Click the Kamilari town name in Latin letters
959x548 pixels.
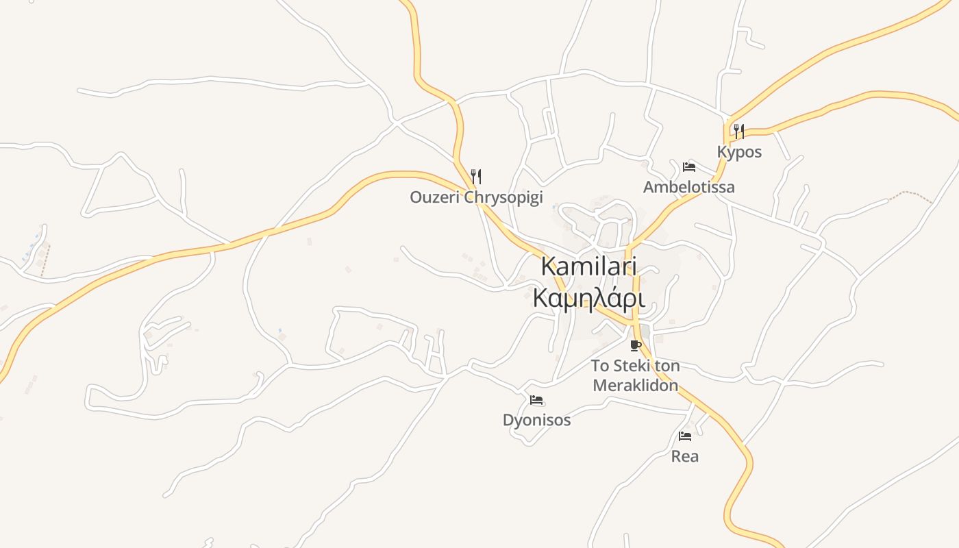click(589, 266)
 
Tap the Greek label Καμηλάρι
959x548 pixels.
click(589, 298)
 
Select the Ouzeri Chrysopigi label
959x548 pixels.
click(476, 197)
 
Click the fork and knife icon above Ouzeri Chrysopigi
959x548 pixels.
click(476, 177)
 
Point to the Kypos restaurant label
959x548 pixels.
click(739, 151)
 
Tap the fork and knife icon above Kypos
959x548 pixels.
click(739, 131)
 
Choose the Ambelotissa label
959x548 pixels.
click(688, 187)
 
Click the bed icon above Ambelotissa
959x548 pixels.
click(688, 166)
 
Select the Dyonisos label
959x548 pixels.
click(536, 420)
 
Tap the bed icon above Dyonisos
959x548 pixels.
click(536, 400)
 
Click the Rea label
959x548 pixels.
click(684, 456)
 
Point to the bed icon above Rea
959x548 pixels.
click(684, 436)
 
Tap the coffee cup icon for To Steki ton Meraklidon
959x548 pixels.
click(636, 345)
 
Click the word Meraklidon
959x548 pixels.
click(635, 385)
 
